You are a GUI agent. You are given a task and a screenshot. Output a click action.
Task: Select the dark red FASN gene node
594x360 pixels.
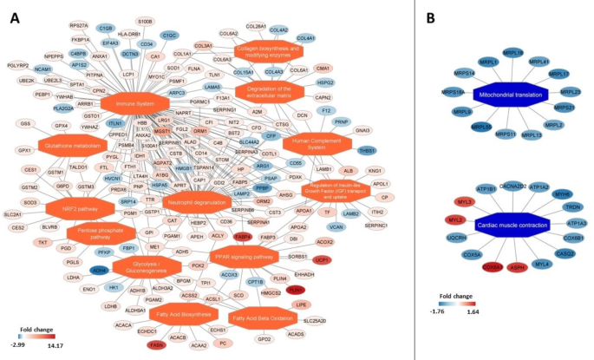click(157, 345)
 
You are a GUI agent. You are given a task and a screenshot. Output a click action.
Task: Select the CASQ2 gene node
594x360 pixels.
click(565, 254)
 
